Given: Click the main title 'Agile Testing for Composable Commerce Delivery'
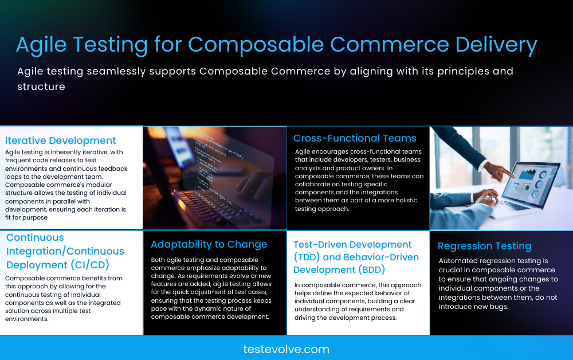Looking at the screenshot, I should coord(276,45).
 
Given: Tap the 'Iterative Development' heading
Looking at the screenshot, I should coord(61,140).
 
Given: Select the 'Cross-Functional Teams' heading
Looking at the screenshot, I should coord(355,138).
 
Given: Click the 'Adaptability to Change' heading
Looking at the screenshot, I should coord(209,244).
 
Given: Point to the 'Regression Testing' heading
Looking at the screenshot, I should coord(484,246).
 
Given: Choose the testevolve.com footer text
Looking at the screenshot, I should coord(286,349).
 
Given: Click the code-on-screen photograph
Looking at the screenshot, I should coord(214,178).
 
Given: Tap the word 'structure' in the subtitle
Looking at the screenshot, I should coord(41,87).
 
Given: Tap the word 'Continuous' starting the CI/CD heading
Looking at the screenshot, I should coord(35,237).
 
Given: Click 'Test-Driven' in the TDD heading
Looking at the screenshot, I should coord(324,244).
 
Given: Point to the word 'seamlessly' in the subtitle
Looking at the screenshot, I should coord(113,72).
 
